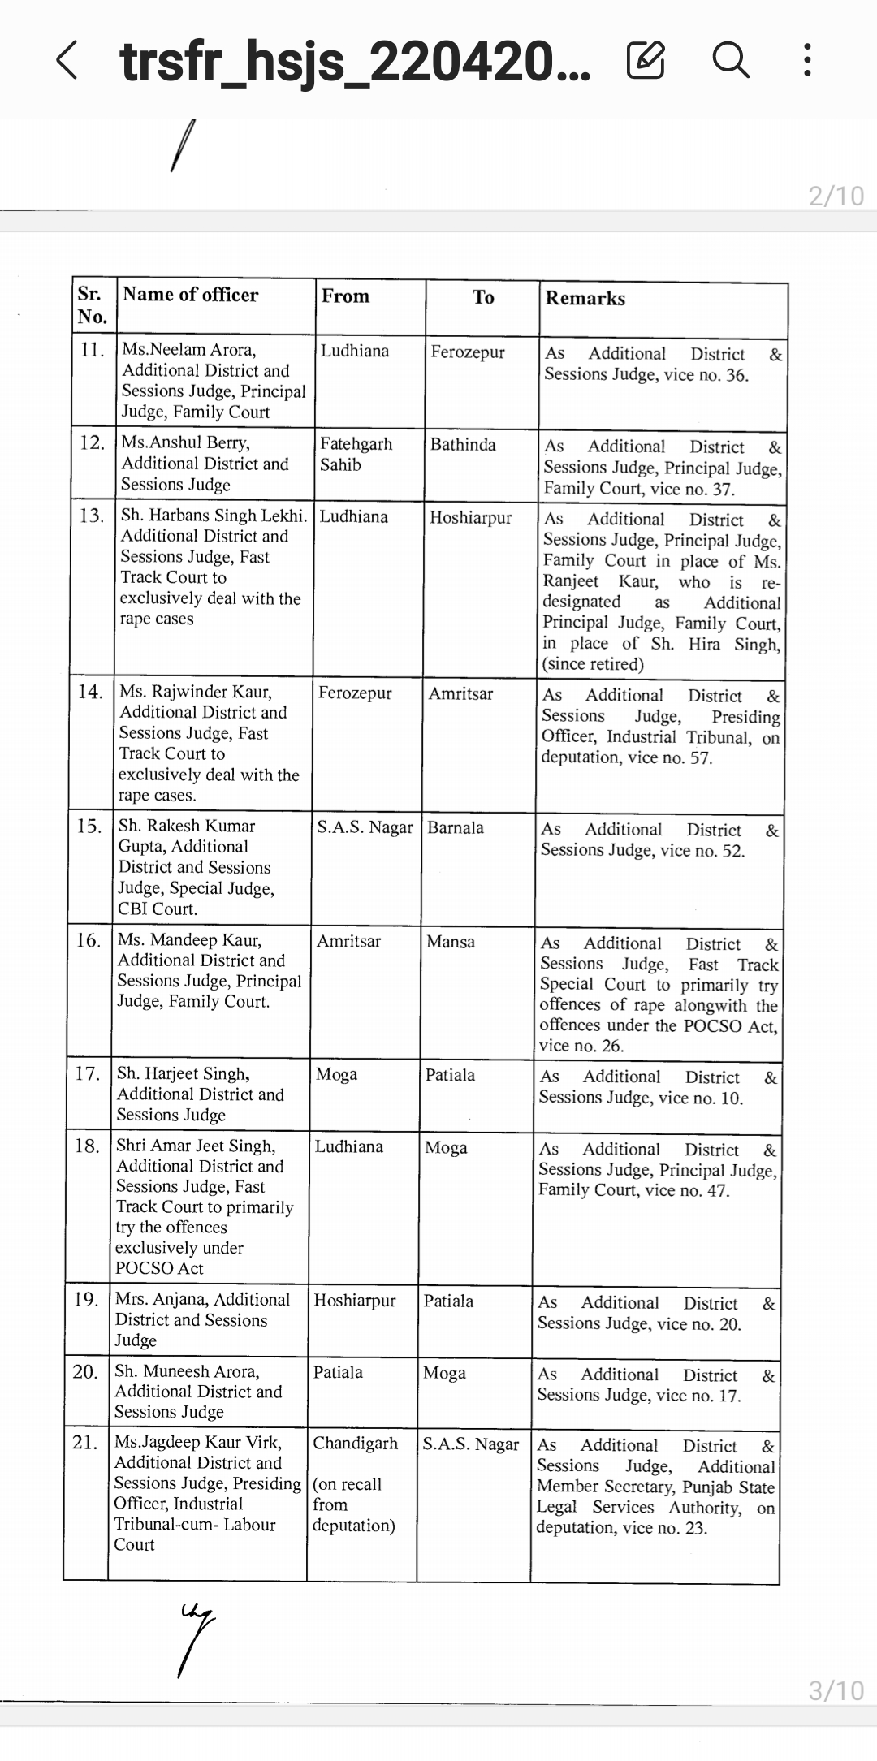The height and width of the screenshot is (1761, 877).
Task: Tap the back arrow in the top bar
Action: [67, 61]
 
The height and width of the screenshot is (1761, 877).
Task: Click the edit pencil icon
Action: [646, 60]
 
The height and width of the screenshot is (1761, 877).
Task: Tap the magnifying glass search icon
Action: [730, 60]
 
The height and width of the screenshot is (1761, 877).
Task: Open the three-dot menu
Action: [806, 60]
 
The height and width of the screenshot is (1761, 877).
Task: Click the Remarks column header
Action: [585, 298]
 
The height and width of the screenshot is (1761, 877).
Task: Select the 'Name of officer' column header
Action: [190, 295]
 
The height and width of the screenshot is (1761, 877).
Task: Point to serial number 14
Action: [90, 692]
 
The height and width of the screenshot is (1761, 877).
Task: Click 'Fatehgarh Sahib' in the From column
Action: [356, 455]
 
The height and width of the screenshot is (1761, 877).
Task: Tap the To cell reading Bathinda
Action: [463, 445]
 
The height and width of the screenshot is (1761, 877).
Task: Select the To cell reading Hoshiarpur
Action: [470, 517]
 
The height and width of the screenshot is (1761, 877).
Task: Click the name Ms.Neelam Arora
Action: [188, 350]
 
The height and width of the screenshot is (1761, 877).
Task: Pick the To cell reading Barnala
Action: [456, 827]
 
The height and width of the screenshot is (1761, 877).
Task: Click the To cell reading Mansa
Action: [451, 942]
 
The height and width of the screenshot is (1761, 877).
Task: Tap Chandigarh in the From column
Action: [355, 1443]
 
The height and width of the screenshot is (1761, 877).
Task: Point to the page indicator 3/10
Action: [836, 1691]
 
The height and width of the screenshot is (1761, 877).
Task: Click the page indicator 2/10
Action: [836, 196]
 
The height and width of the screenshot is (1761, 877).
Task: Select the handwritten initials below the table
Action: [195, 1636]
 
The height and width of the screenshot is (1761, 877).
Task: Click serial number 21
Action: [85, 1442]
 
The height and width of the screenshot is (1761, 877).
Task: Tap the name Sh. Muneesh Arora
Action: [187, 1371]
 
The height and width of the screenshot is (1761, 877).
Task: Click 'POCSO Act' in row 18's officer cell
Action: [159, 1268]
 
